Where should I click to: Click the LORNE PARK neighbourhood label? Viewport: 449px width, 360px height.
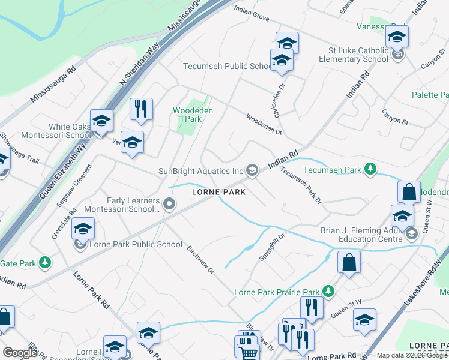(218, 192)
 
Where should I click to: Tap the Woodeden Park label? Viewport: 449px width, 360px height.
(187, 115)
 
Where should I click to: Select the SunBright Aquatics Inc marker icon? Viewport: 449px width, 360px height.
(253, 171)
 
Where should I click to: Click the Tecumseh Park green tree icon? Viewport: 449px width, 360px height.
(372, 170)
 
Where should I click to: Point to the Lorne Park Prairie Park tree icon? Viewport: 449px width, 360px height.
(328, 292)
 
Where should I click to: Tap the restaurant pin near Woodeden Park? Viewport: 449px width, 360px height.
(141, 109)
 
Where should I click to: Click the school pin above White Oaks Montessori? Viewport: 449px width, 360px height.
(101, 121)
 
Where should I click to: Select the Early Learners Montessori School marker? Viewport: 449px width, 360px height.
(170, 205)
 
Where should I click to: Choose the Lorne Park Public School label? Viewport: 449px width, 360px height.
(136, 244)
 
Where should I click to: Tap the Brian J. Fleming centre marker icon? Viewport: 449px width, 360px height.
(411, 233)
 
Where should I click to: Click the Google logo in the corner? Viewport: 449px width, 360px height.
(20, 353)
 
